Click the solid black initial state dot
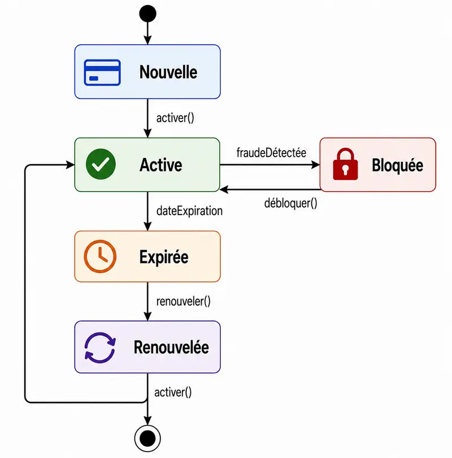[148, 14]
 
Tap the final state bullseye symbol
[147, 438]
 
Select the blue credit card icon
[102, 72]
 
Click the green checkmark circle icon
[101, 164]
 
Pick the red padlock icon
[345, 164]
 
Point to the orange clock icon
[100, 256]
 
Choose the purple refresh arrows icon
[100, 348]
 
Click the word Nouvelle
[168, 72]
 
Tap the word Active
[161, 165]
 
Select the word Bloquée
[398, 165]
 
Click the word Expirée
[164, 258]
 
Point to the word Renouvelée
[171, 347]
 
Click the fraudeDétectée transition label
[271, 153]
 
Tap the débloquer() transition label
[291, 203]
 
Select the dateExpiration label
[189, 211]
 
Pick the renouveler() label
[183, 301]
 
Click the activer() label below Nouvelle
[175, 118]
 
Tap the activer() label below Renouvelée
[173, 392]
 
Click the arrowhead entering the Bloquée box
[316, 165]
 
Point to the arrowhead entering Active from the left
[71, 165]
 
